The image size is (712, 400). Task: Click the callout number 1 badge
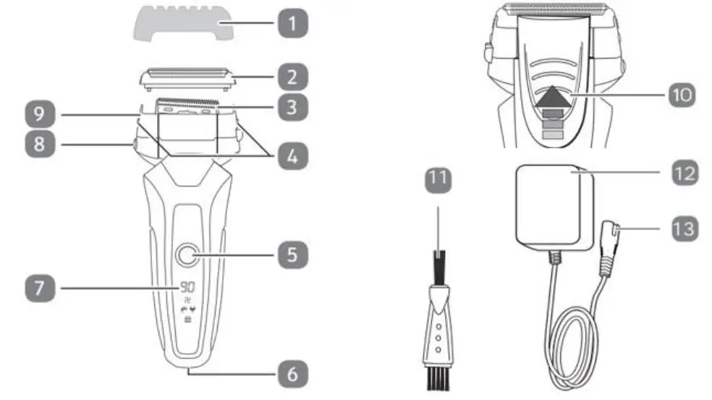pyautogui.click(x=292, y=25)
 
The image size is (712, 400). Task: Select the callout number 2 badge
pyautogui.click(x=292, y=76)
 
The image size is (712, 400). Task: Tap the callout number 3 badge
pyautogui.click(x=292, y=108)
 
